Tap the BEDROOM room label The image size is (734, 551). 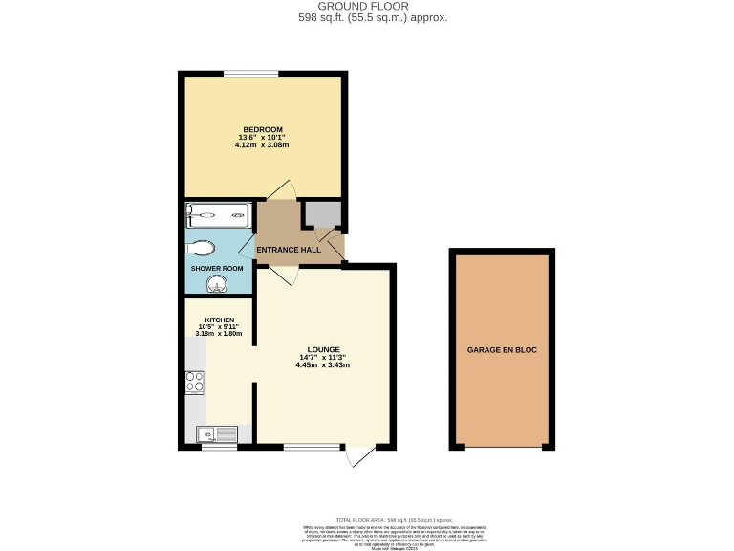coord(263,129)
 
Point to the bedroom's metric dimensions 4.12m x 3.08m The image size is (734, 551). coord(263,146)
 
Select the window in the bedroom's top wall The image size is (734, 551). coord(251,74)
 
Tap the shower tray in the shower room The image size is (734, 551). coord(219,215)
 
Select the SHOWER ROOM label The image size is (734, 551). coord(217,268)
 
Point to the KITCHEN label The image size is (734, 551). coord(219,320)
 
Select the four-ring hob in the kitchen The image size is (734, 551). coord(195,382)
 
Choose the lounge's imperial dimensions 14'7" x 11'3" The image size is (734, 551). coord(320,358)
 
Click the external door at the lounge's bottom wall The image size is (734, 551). coord(359,455)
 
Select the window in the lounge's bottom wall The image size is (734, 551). coord(312,447)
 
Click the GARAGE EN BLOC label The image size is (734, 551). coord(502,350)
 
